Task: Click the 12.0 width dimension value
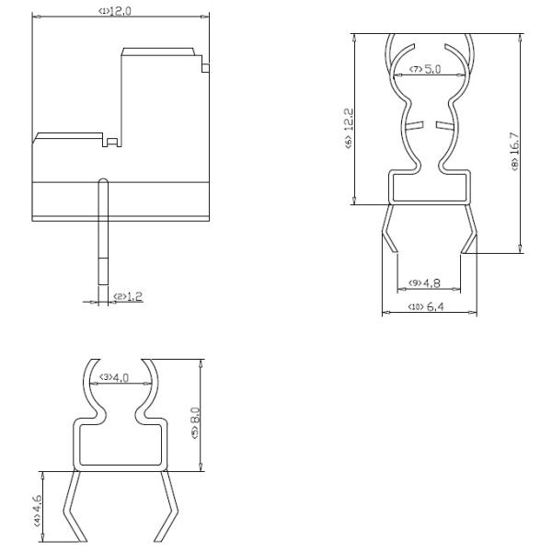[123, 10]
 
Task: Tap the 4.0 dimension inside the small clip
[121, 377]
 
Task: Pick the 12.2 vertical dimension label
[349, 121]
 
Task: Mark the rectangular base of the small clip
[121, 448]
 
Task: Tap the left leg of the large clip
[389, 230]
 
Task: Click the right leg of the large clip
[470, 230]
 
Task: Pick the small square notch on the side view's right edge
[205, 66]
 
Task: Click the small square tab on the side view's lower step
[111, 142]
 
